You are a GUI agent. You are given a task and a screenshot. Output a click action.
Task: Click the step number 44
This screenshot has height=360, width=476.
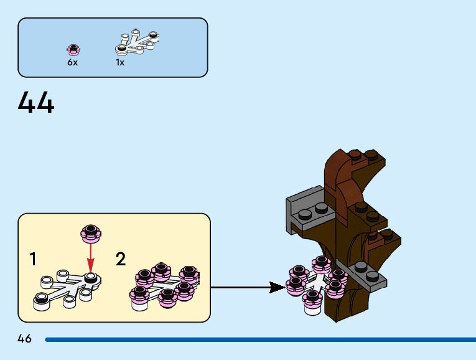[36, 103]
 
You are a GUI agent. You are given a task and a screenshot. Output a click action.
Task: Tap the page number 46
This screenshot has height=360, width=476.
[24, 339]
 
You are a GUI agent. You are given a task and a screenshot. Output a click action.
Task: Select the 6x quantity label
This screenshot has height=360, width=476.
[73, 62]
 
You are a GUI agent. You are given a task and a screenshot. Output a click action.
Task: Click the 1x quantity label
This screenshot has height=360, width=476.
[120, 62]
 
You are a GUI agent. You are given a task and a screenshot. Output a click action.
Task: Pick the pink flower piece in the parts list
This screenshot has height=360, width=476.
[73, 49]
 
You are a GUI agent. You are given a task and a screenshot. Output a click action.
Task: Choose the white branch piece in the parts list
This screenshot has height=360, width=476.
[138, 42]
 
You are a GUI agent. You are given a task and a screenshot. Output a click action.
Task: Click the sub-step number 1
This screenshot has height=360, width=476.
[32, 259]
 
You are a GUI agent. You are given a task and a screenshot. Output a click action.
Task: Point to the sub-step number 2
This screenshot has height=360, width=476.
[121, 259]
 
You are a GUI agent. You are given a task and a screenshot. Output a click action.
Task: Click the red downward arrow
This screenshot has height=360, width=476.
[91, 255]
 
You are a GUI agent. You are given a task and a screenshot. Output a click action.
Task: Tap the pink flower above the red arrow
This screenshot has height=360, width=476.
[91, 234]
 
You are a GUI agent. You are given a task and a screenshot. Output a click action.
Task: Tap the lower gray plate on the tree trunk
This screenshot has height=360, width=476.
[368, 276]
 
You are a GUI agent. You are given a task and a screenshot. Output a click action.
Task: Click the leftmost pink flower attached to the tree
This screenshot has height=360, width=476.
[296, 285]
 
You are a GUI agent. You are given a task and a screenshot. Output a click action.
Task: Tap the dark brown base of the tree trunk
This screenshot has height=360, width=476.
[348, 305]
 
